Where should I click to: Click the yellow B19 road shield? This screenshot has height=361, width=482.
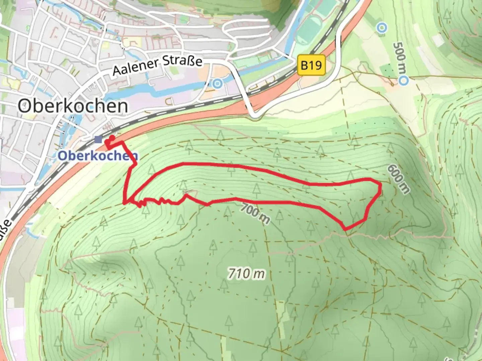point(311,65)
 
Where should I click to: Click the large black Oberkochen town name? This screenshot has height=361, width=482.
point(73,106)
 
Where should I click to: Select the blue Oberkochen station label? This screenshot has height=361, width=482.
point(98,155)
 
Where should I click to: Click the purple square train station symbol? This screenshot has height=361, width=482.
point(98,139)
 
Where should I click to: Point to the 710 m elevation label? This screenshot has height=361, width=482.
point(246,274)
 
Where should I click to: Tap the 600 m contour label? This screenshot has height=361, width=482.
point(398,179)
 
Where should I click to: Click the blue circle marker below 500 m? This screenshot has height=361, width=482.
point(404,80)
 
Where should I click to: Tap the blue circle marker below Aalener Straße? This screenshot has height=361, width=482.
point(218,83)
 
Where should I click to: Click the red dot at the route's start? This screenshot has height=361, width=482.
point(112,137)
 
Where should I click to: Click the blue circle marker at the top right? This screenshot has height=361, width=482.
point(381,28)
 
